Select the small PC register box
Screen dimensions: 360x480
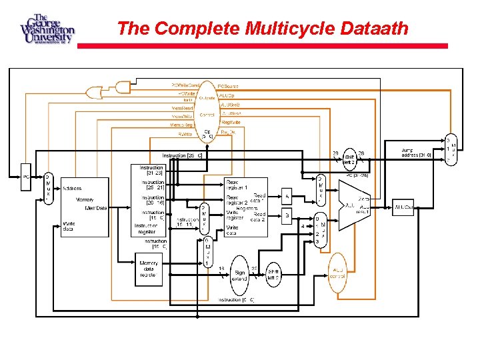pyautogui.click(x=27, y=177)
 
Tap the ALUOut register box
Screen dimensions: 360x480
pyautogui.click(x=405, y=207)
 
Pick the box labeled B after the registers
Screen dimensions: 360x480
pyautogui.click(x=287, y=216)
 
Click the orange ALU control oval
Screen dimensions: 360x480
pyautogui.click(x=338, y=272)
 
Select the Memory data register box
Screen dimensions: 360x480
pyautogui.click(x=148, y=269)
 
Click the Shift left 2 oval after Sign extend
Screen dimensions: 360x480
pyautogui.click(x=274, y=273)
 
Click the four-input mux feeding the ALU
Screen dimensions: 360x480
pyautogui.click(x=321, y=230)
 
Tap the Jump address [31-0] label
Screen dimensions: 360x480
pyautogui.click(x=417, y=153)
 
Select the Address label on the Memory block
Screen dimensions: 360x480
pyautogui.click(x=73, y=188)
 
